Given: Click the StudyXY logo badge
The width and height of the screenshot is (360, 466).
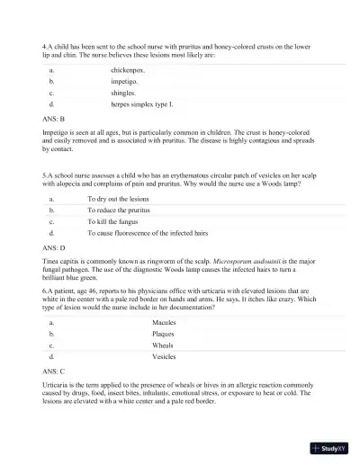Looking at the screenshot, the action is point(327,447).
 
